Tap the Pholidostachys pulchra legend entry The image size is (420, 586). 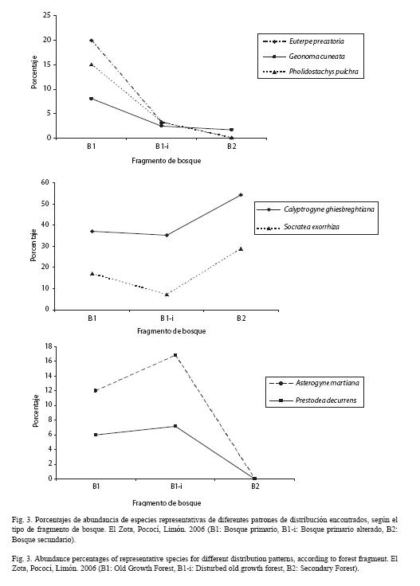pyautogui.click(x=311, y=72)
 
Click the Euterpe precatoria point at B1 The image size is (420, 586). pyautogui.click(x=92, y=41)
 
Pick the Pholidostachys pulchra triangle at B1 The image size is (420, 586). pyautogui.click(x=92, y=64)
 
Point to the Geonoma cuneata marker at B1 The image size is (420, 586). pyautogui.click(x=92, y=98)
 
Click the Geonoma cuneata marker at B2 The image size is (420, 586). pyautogui.click(x=231, y=130)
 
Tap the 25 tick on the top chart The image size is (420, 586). pyautogui.click(x=47, y=15)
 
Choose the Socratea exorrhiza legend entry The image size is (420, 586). pyautogui.click(x=298, y=227)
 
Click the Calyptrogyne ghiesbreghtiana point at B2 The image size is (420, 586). pyautogui.click(x=241, y=195)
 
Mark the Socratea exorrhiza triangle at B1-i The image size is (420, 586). pyautogui.click(x=167, y=295)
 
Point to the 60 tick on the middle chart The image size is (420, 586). pyautogui.click(x=45, y=182)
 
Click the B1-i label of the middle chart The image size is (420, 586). pyautogui.click(x=167, y=318)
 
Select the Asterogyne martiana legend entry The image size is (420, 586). pyautogui.click(x=314, y=383)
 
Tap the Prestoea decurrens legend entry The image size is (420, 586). pyautogui.click(x=312, y=400)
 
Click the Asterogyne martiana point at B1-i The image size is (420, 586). pyautogui.click(x=175, y=355)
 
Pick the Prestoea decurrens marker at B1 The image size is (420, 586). pyautogui.click(x=96, y=435)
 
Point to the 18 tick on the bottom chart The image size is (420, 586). pyautogui.click(x=49, y=346)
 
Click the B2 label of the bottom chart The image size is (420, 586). pyautogui.click(x=255, y=486)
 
